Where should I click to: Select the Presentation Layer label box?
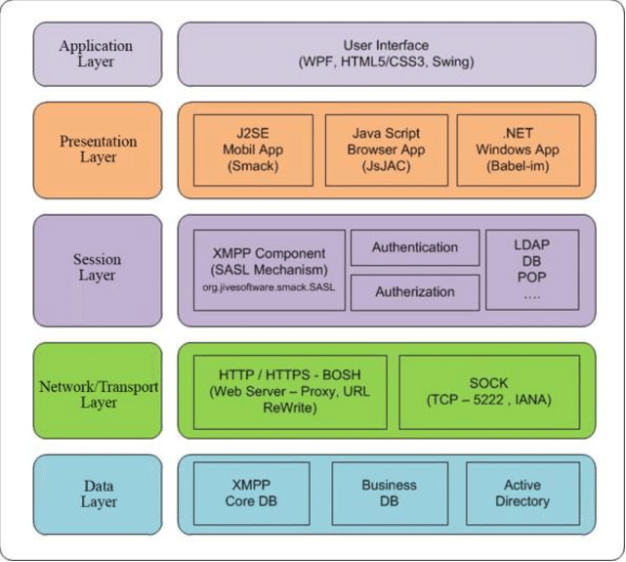click(99, 149)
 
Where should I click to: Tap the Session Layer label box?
click(99, 268)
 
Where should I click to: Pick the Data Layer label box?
click(99, 494)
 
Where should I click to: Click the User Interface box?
click(386, 54)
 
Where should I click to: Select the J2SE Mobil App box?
click(253, 150)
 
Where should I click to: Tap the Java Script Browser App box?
click(386, 150)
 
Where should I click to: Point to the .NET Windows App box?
click(518, 150)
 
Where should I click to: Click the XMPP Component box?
click(270, 269)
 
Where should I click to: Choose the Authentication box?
click(415, 247)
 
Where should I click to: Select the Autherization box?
click(415, 292)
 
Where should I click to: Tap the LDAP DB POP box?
click(531, 269)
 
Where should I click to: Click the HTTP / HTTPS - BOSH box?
click(290, 391)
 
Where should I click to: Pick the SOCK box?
click(489, 391)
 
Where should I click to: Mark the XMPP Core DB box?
click(253, 493)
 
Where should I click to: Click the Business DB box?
click(389, 493)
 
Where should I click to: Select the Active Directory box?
click(522, 493)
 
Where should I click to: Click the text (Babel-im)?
click(518, 166)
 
